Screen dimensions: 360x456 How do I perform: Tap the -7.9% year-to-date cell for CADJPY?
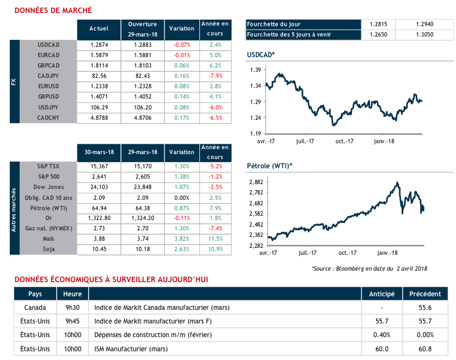pyautogui.click(x=215, y=76)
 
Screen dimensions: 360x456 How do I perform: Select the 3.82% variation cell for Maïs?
pyautogui.click(x=182, y=239)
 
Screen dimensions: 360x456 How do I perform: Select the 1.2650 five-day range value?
pyautogui.click(x=378, y=35)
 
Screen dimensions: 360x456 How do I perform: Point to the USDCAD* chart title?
pyautogui.click(x=260, y=55)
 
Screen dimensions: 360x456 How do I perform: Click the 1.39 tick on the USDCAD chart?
pyautogui.click(x=255, y=70)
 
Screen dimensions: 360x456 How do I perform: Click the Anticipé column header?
pyautogui.click(x=382, y=294)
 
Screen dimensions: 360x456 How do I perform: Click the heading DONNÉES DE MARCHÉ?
pyautogui.click(x=53, y=10)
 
